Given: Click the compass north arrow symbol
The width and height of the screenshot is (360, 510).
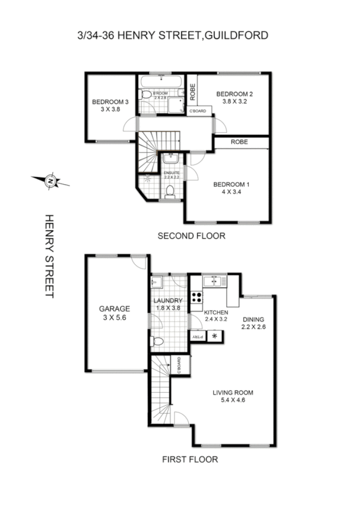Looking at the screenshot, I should [50, 180].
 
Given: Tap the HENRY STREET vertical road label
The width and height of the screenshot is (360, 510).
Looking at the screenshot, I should [50, 256].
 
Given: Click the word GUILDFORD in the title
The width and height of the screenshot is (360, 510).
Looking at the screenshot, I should [237, 36].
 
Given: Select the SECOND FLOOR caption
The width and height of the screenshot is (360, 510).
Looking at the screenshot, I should [191, 236].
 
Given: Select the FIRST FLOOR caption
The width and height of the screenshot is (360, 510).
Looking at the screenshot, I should [190, 459].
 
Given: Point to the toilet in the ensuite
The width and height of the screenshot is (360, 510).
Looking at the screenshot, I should [171, 192].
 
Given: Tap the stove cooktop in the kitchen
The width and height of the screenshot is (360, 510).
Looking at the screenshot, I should [196, 297].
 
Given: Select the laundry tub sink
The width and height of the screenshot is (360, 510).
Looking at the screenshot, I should [156, 283].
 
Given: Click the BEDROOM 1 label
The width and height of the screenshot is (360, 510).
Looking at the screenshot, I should [231, 184].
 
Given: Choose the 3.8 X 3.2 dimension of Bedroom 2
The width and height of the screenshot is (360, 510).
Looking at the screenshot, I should [234, 102].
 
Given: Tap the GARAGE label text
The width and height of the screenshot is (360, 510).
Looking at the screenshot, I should [115, 309].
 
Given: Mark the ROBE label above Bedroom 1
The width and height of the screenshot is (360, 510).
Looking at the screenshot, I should [240, 143].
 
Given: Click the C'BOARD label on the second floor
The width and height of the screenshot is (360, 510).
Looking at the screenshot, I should [198, 111].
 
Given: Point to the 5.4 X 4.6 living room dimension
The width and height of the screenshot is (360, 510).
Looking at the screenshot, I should [229, 402].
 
